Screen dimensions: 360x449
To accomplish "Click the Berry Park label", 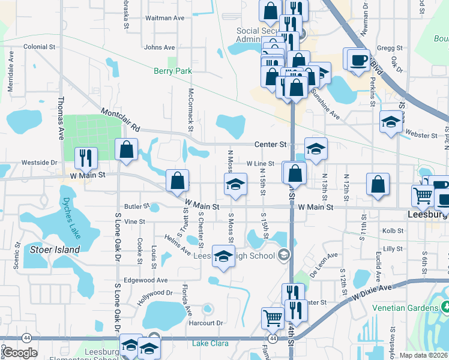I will (x=173, y=71).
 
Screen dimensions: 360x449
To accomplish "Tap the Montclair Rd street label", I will (x=121, y=120).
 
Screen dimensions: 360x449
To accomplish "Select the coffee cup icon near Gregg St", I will (x=359, y=59).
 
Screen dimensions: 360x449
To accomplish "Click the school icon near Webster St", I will (x=391, y=122).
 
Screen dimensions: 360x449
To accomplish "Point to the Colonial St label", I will (x=39, y=46).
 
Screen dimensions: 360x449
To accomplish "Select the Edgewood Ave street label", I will (x=145, y=280).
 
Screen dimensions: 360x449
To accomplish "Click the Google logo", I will (x=20, y=353).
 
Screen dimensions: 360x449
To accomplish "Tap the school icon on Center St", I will (x=316, y=148).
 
